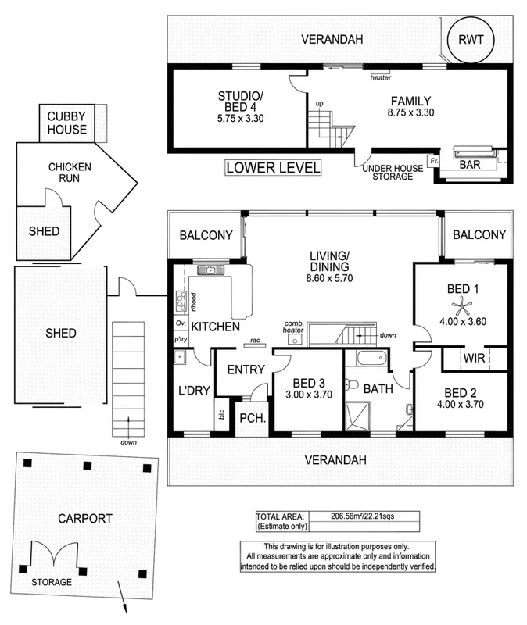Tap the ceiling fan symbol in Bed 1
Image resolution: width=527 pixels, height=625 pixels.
(459, 306)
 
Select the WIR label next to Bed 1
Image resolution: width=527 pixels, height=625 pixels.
(472, 358)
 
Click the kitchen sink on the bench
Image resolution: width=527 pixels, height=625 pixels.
(210, 270)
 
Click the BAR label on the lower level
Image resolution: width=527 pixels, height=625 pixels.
(471, 165)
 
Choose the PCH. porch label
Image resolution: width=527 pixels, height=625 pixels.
(253, 419)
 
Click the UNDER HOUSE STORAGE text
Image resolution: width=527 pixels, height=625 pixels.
(386, 173)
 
